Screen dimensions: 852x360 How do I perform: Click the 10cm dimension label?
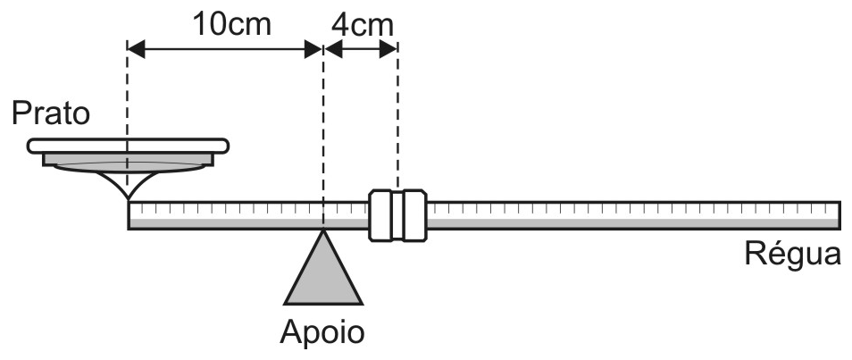tap(232, 24)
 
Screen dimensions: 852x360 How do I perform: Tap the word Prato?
tap(51, 114)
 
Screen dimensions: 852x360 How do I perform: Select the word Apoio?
tap(322, 331)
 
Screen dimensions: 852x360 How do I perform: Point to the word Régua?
tap(792, 253)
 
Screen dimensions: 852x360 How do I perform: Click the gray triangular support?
tap(323, 274)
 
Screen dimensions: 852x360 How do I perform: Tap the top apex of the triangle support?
tap(323, 230)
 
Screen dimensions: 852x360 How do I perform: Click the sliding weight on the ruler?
tap(397, 215)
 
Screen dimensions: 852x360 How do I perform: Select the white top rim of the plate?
tap(129, 146)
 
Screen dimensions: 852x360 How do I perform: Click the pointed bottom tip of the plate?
tap(129, 198)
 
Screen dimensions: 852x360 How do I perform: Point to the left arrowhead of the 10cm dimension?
tap(137, 49)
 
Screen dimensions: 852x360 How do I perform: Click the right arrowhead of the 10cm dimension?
tap(313, 49)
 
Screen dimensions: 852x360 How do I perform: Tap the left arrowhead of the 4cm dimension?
tap(333, 49)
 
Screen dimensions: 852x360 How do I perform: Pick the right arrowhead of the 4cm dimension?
tap(388, 49)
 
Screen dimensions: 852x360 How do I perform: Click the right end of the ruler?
tap(840, 215)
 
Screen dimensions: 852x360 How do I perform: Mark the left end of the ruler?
tap(129, 215)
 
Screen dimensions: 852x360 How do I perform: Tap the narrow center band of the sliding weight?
tap(397, 215)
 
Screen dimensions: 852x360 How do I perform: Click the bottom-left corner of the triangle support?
tap(285, 304)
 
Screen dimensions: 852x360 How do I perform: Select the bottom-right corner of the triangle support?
tap(362, 304)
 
